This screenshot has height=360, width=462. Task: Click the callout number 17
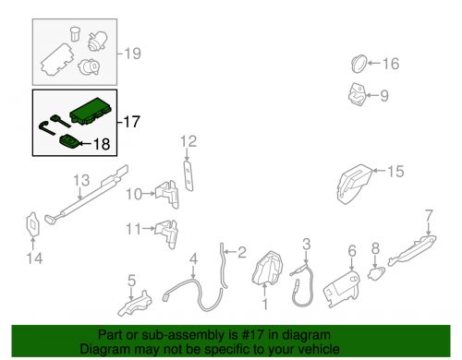pyautogui.click(x=132, y=122)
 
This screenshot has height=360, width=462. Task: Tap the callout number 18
pyautogui.click(x=102, y=144)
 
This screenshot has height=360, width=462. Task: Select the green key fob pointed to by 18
pyautogui.click(x=69, y=142)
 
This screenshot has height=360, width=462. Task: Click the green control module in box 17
pyautogui.click(x=91, y=111)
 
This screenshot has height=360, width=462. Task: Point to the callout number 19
pyautogui.click(x=133, y=54)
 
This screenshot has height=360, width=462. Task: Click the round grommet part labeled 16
pyautogui.click(x=359, y=64)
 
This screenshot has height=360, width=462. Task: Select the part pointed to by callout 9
pyautogui.click(x=358, y=94)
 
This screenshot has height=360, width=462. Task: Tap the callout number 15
pyautogui.click(x=395, y=171)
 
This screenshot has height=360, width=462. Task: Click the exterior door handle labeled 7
pyautogui.click(x=412, y=249)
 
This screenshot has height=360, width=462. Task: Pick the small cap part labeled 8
pyautogui.click(x=376, y=273)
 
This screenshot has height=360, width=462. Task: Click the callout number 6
pyautogui.click(x=352, y=251)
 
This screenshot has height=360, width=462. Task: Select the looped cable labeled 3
pyautogui.click(x=303, y=284)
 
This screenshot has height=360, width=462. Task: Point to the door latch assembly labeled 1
pyautogui.click(x=267, y=268)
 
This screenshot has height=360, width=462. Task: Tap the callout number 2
pyautogui.click(x=242, y=252)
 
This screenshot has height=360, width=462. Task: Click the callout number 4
pyautogui.click(x=193, y=259)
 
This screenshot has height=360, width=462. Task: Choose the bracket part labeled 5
pyautogui.click(x=135, y=304)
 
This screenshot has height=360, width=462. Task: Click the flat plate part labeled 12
pyautogui.click(x=188, y=175)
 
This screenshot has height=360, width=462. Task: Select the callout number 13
pyautogui.click(x=81, y=180)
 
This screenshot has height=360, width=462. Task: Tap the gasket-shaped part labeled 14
pyautogui.click(x=32, y=224)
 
